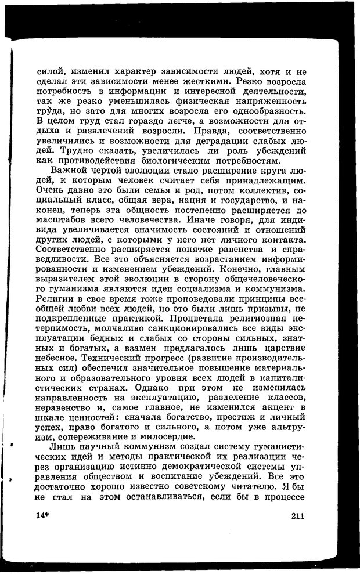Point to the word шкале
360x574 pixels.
49,416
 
